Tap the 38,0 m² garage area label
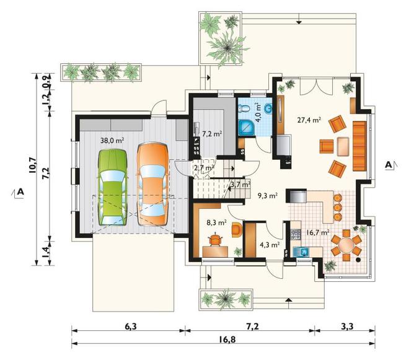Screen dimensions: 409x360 point(112,141)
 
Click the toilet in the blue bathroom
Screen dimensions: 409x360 point(242,108)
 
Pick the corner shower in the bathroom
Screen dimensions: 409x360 point(246,128)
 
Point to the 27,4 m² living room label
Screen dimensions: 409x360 point(309,120)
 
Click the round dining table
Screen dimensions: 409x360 point(346,245)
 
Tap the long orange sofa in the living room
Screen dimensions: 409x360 point(359,146)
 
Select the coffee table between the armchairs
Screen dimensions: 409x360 point(343,146)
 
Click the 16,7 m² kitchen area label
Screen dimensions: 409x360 point(317,232)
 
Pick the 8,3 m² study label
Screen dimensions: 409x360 point(216,223)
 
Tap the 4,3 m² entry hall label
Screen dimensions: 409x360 point(270,245)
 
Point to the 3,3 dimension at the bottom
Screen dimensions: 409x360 point(346,326)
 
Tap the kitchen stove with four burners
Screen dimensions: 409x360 point(296,234)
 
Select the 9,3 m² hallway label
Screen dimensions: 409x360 point(268,196)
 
